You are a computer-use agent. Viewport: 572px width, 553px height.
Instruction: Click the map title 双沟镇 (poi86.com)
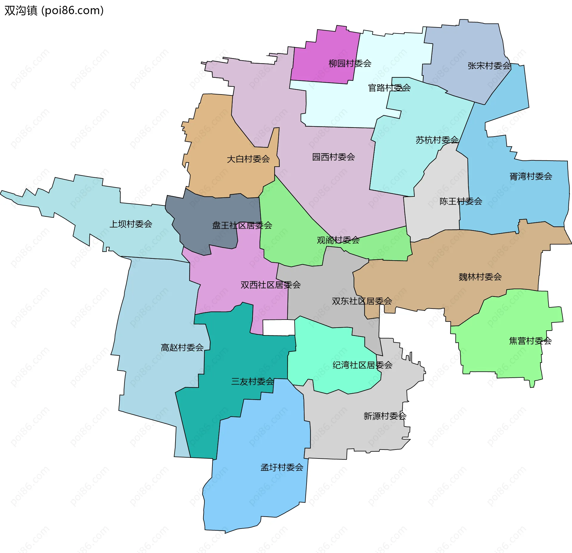pos(54,10)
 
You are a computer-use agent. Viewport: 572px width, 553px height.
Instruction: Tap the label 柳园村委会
pos(350,63)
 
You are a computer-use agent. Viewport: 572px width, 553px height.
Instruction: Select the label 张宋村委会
pos(489,66)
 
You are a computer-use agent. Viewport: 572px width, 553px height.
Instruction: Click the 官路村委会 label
pos(389,88)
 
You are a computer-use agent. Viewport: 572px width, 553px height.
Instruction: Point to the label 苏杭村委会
pos(437,140)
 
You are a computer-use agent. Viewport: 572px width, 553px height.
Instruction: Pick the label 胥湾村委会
pos(531,176)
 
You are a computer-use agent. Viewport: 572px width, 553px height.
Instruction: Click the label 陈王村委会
pos(461,202)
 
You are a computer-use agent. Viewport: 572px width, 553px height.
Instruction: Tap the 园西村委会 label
pos(333,157)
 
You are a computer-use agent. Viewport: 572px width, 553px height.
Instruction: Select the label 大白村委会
pos(248,159)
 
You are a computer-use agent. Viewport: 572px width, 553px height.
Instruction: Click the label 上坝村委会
pos(131,224)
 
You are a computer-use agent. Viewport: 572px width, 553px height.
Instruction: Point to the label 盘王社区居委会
pos(242,225)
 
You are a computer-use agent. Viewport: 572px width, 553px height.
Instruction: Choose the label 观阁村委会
pos(338,240)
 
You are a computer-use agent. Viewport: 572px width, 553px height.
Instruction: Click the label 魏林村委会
pos(480,277)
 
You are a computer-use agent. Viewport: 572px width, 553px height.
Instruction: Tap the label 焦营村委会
pos(530,341)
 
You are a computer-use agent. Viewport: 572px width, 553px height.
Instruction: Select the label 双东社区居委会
pos(362,301)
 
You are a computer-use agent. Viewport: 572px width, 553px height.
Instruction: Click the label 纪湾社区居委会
pos(362,365)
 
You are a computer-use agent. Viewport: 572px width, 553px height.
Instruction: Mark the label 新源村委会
pos(385,416)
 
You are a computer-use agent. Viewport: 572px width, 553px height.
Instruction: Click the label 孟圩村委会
pos(282,467)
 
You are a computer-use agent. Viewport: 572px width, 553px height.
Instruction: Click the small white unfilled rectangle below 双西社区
pos(279,327)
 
